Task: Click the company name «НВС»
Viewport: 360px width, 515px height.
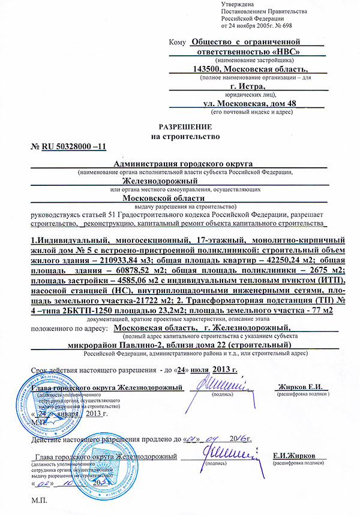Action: (283, 52)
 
